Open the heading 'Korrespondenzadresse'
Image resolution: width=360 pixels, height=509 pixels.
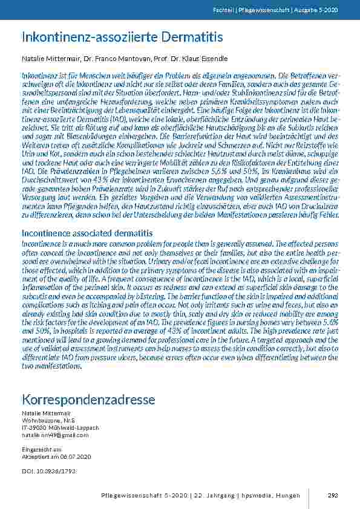88,400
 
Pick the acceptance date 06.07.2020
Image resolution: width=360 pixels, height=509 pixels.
65,456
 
